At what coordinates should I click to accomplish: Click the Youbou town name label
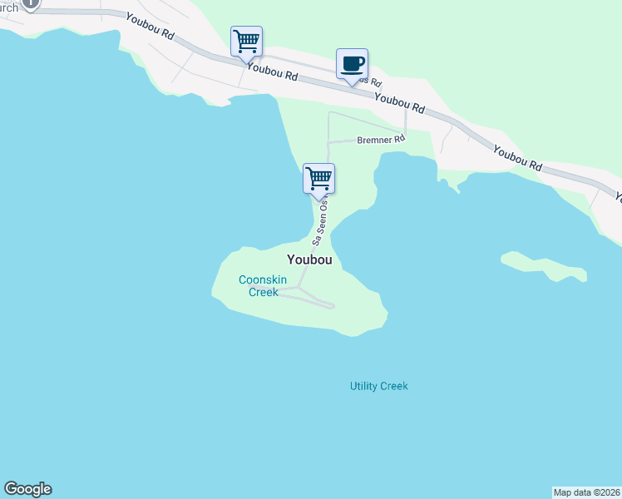[310, 259]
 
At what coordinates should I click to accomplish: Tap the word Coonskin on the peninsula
[262, 280]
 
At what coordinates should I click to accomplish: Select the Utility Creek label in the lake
[378, 386]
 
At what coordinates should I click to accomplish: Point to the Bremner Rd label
[381, 140]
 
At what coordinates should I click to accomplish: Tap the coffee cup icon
[352, 64]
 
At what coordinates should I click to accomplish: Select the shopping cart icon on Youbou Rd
[246, 40]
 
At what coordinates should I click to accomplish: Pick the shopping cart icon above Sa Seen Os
[318, 177]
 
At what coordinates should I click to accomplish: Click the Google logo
[27, 489]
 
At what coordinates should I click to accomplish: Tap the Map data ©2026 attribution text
[586, 492]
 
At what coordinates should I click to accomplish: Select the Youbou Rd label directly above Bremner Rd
[399, 103]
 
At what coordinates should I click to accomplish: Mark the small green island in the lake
[544, 265]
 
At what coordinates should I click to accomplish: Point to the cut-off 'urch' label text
[9, 7]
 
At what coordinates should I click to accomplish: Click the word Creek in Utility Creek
[393, 386]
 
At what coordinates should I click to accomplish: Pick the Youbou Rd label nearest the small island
[517, 157]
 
